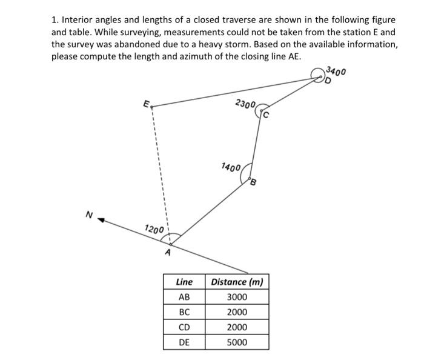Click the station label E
coord(146,104)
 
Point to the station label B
coord(253,182)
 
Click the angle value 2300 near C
coord(245,104)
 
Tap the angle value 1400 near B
coord(231,167)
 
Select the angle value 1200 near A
coord(154,230)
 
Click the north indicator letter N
coord(89,214)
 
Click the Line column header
coord(184,282)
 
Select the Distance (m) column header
coord(237,282)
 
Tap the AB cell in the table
coord(184,297)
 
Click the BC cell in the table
coord(184,312)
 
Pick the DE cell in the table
coord(184,342)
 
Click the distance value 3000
coord(237,297)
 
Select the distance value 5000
coord(237,342)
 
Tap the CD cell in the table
coord(184,327)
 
